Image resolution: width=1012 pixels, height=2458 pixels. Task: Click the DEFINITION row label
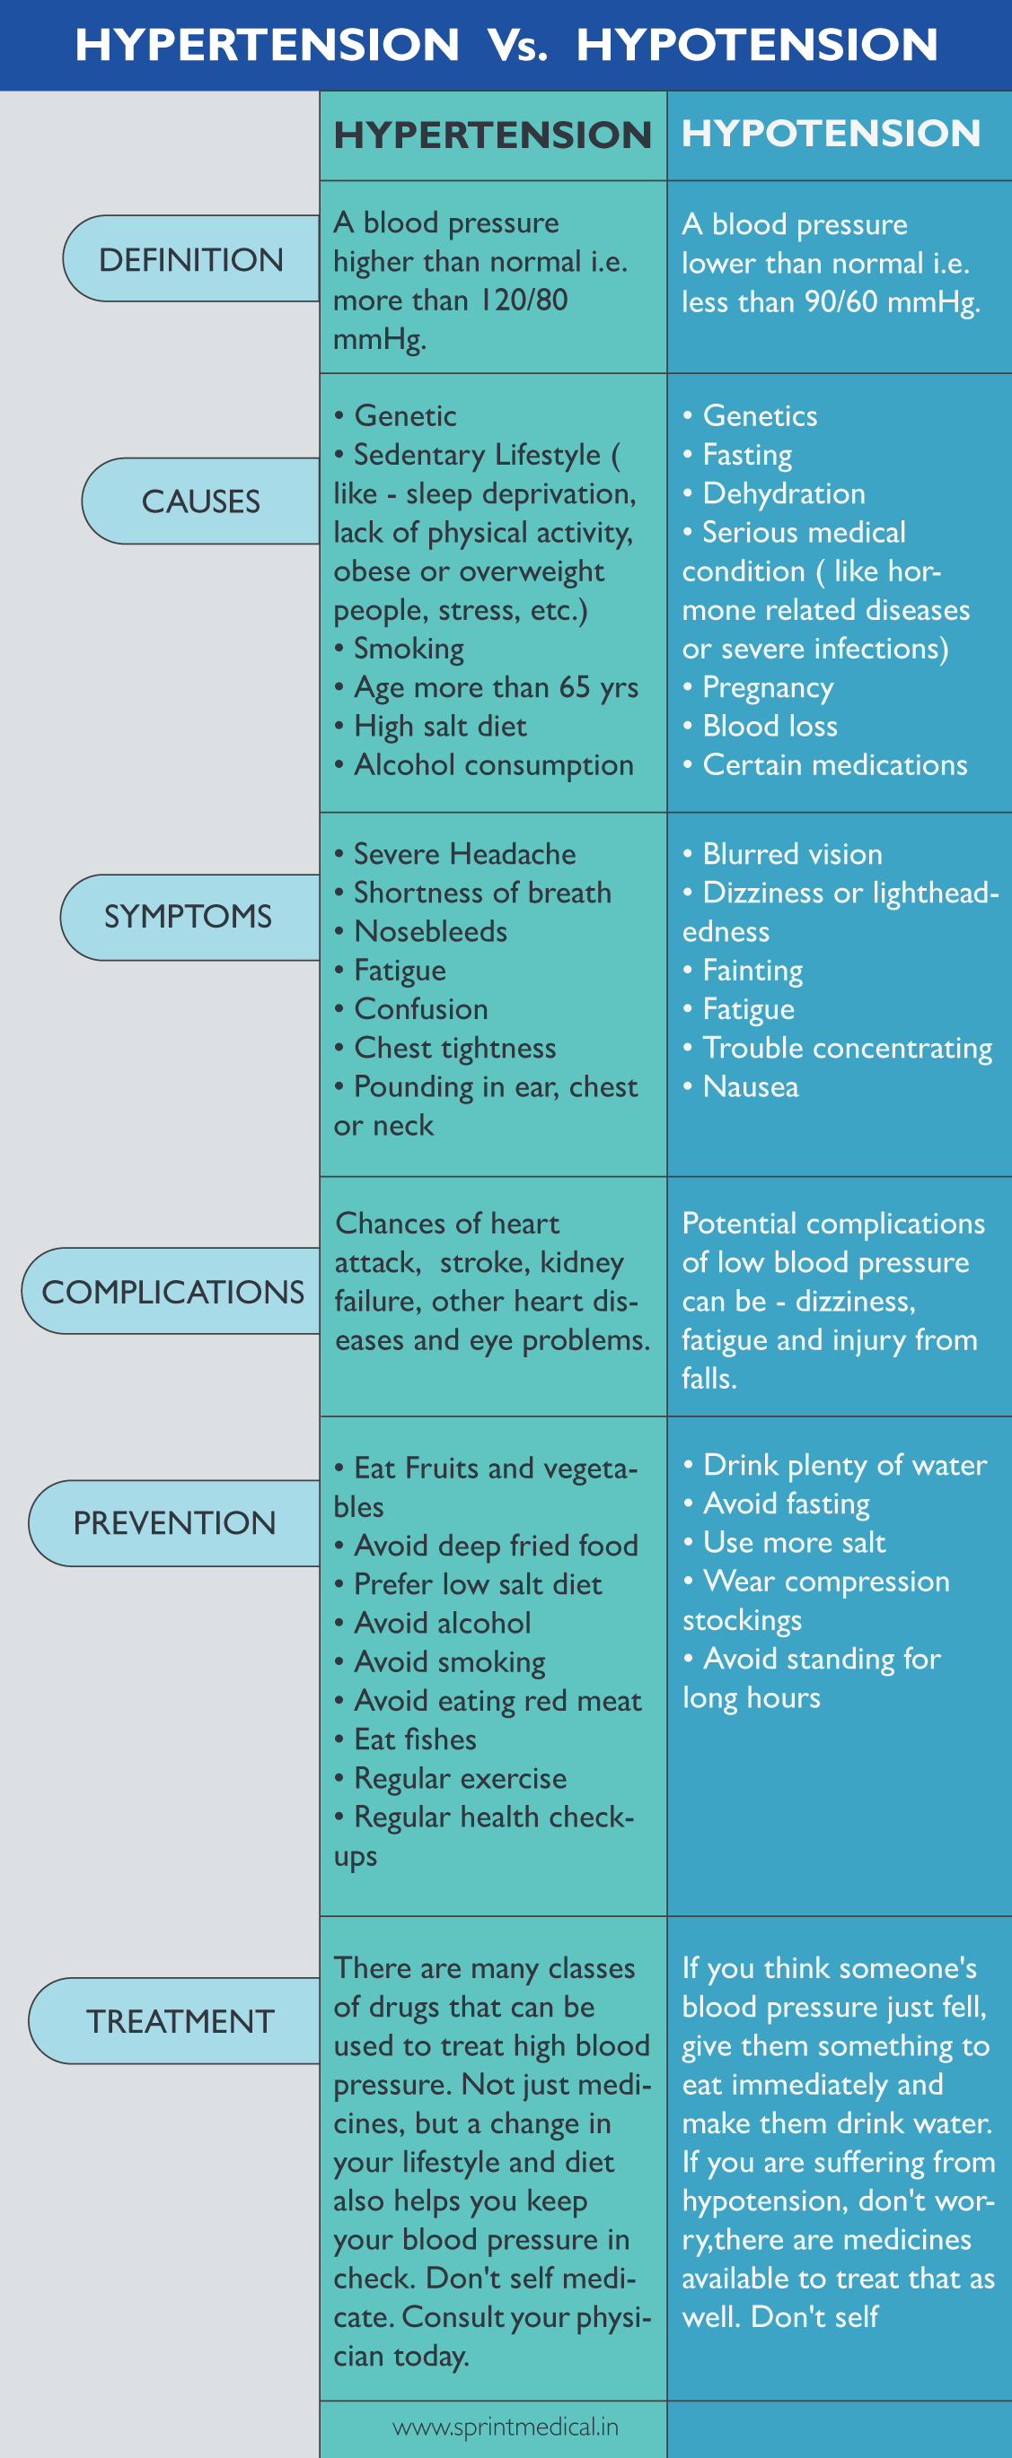(191, 259)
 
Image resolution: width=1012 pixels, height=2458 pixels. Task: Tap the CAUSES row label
(200, 501)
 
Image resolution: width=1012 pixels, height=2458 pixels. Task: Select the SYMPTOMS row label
(188, 917)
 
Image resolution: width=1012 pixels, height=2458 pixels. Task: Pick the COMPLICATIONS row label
(172, 1292)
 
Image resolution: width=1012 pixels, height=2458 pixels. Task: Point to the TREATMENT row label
(180, 2022)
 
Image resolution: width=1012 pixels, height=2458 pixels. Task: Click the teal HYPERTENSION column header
(493, 135)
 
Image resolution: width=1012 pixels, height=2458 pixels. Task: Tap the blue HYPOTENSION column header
(831, 134)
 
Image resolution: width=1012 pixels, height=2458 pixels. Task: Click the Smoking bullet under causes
(409, 649)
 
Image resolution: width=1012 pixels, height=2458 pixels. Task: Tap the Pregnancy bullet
(768, 688)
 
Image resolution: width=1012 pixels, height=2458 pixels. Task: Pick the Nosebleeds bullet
(431, 932)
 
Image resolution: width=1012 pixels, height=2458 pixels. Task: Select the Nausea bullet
(751, 1087)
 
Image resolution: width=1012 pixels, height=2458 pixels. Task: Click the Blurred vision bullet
(791, 854)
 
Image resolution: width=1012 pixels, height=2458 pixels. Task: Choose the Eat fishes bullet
(414, 1739)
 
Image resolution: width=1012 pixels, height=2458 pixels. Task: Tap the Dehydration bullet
(784, 494)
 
